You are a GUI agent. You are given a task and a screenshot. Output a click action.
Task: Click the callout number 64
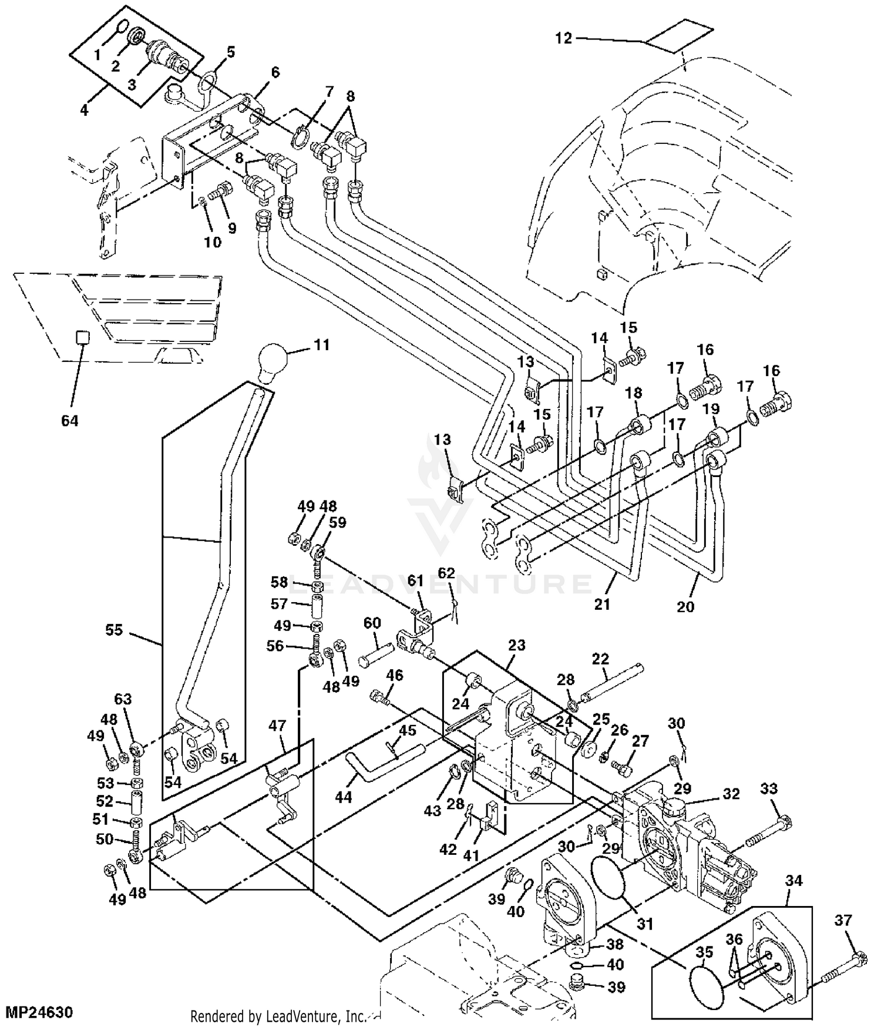[69, 421]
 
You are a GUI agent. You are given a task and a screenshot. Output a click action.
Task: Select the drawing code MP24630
[39, 1012]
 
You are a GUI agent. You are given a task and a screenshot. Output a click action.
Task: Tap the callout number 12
[563, 38]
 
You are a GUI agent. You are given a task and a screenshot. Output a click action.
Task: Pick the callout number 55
[114, 630]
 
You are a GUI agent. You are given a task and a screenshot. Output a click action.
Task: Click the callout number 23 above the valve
[516, 645]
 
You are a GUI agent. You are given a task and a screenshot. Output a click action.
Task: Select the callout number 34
[794, 881]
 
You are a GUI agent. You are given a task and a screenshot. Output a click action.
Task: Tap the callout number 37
[843, 921]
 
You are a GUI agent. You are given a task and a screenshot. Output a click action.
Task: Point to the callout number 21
[603, 603]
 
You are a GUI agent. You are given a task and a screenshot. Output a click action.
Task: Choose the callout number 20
[685, 606]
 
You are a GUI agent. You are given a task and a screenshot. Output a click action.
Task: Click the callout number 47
[277, 726]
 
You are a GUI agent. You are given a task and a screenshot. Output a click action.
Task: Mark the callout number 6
[275, 72]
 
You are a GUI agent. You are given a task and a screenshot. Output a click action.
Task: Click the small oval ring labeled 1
[121, 27]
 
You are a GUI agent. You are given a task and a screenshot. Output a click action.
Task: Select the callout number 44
[344, 797]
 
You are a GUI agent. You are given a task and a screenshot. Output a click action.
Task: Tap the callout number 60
[372, 623]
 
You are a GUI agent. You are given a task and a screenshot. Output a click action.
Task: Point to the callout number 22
[600, 659]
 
